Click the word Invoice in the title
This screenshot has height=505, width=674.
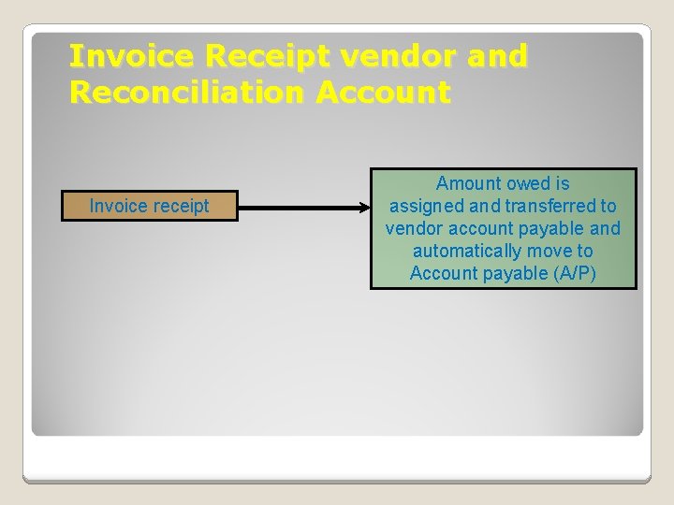click(132, 58)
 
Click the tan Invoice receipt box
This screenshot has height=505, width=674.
click(150, 206)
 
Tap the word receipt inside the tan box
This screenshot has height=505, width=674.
click(177, 206)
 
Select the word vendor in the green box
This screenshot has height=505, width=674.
click(413, 229)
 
